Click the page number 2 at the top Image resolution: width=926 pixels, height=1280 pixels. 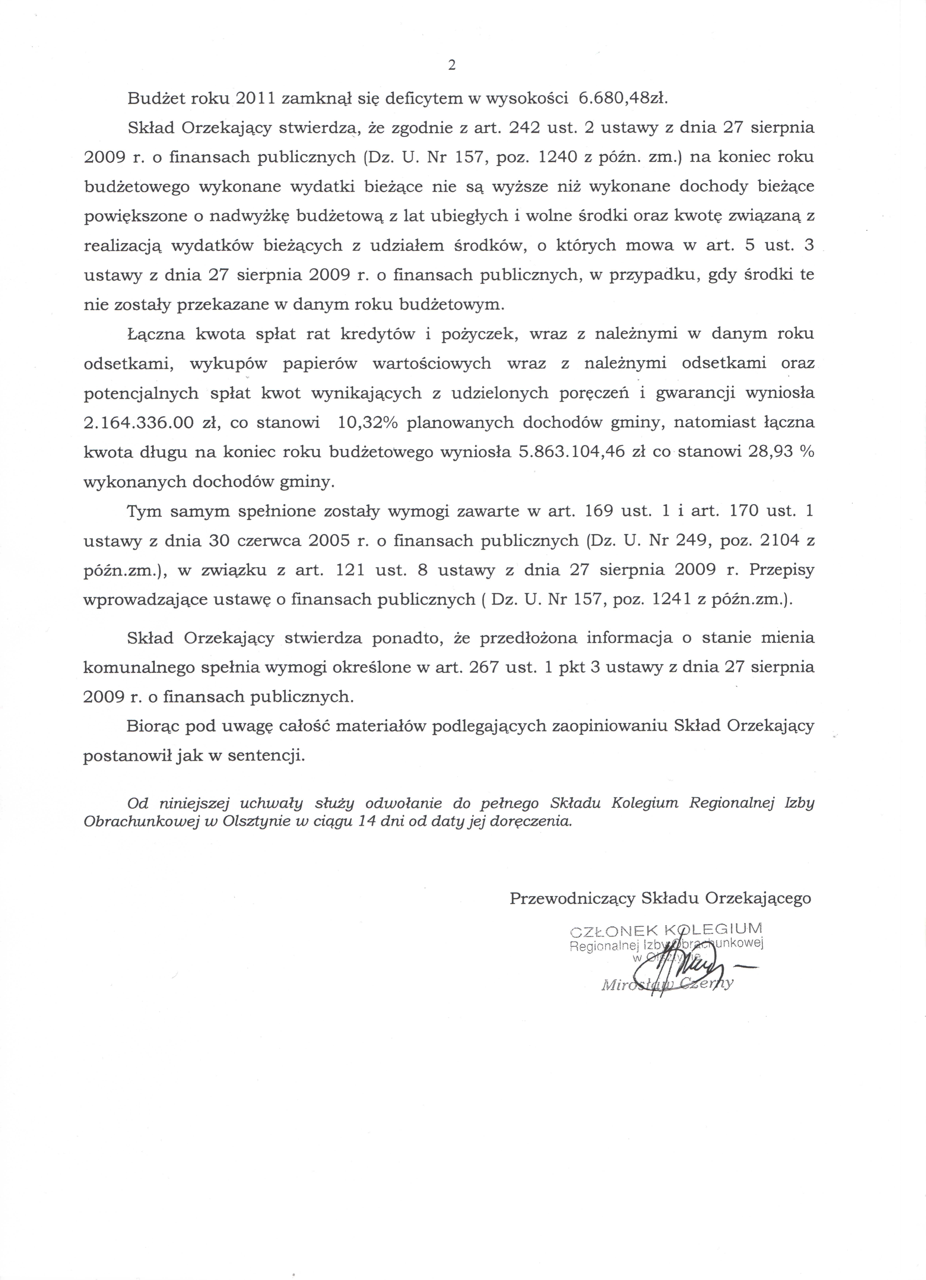point(451,65)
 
